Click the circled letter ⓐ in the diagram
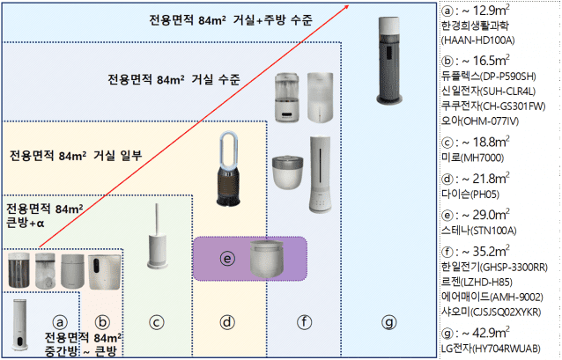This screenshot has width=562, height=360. [60, 322]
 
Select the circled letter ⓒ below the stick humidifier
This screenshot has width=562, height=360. [157, 323]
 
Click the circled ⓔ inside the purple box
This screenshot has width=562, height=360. [226, 259]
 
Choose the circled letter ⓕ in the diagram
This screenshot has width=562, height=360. [304, 322]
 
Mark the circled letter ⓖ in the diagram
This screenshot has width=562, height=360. [388, 322]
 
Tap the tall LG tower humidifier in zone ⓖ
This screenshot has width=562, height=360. [387, 70]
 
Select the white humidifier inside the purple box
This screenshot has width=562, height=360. [269, 258]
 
